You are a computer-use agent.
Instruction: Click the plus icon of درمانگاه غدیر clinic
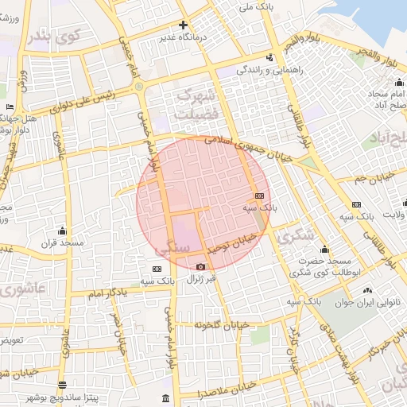click(x=184, y=25)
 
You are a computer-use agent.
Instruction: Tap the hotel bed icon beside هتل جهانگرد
click(x=10, y=107)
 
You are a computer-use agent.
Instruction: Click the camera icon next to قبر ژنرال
click(x=200, y=266)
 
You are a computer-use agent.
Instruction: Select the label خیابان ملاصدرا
click(x=227, y=390)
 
